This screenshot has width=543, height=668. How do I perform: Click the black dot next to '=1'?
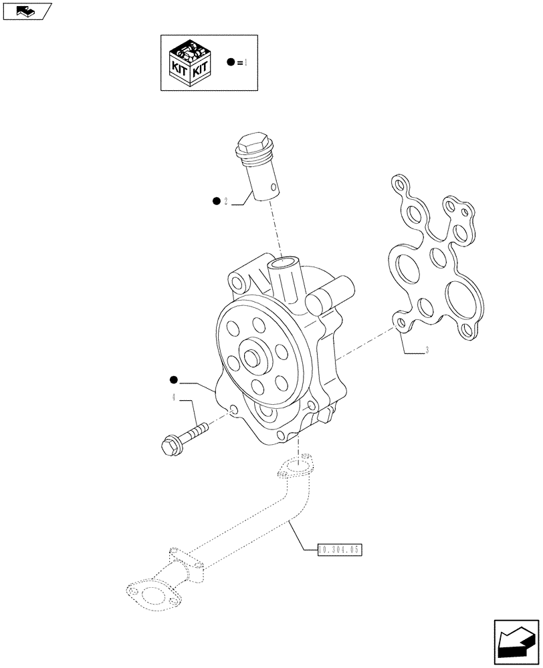pyautogui.click(x=231, y=62)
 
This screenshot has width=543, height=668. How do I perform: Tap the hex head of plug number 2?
pyautogui.click(x=251, y=144)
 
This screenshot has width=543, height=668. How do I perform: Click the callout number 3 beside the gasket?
pyautogui.click(x=427, y=350)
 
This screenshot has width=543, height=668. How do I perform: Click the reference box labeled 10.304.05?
pyautogui.click(x=339, y=550)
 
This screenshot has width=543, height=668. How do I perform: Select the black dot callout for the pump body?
pyautogui.click(x=174, y=381)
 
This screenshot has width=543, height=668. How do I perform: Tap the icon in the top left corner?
pyautogui.click(x=26, y=10)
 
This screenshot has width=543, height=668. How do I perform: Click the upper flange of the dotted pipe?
pyautogui.click(x=294, y=466)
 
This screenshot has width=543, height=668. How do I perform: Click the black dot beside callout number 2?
pyautogui.click(x=216, y=200)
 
